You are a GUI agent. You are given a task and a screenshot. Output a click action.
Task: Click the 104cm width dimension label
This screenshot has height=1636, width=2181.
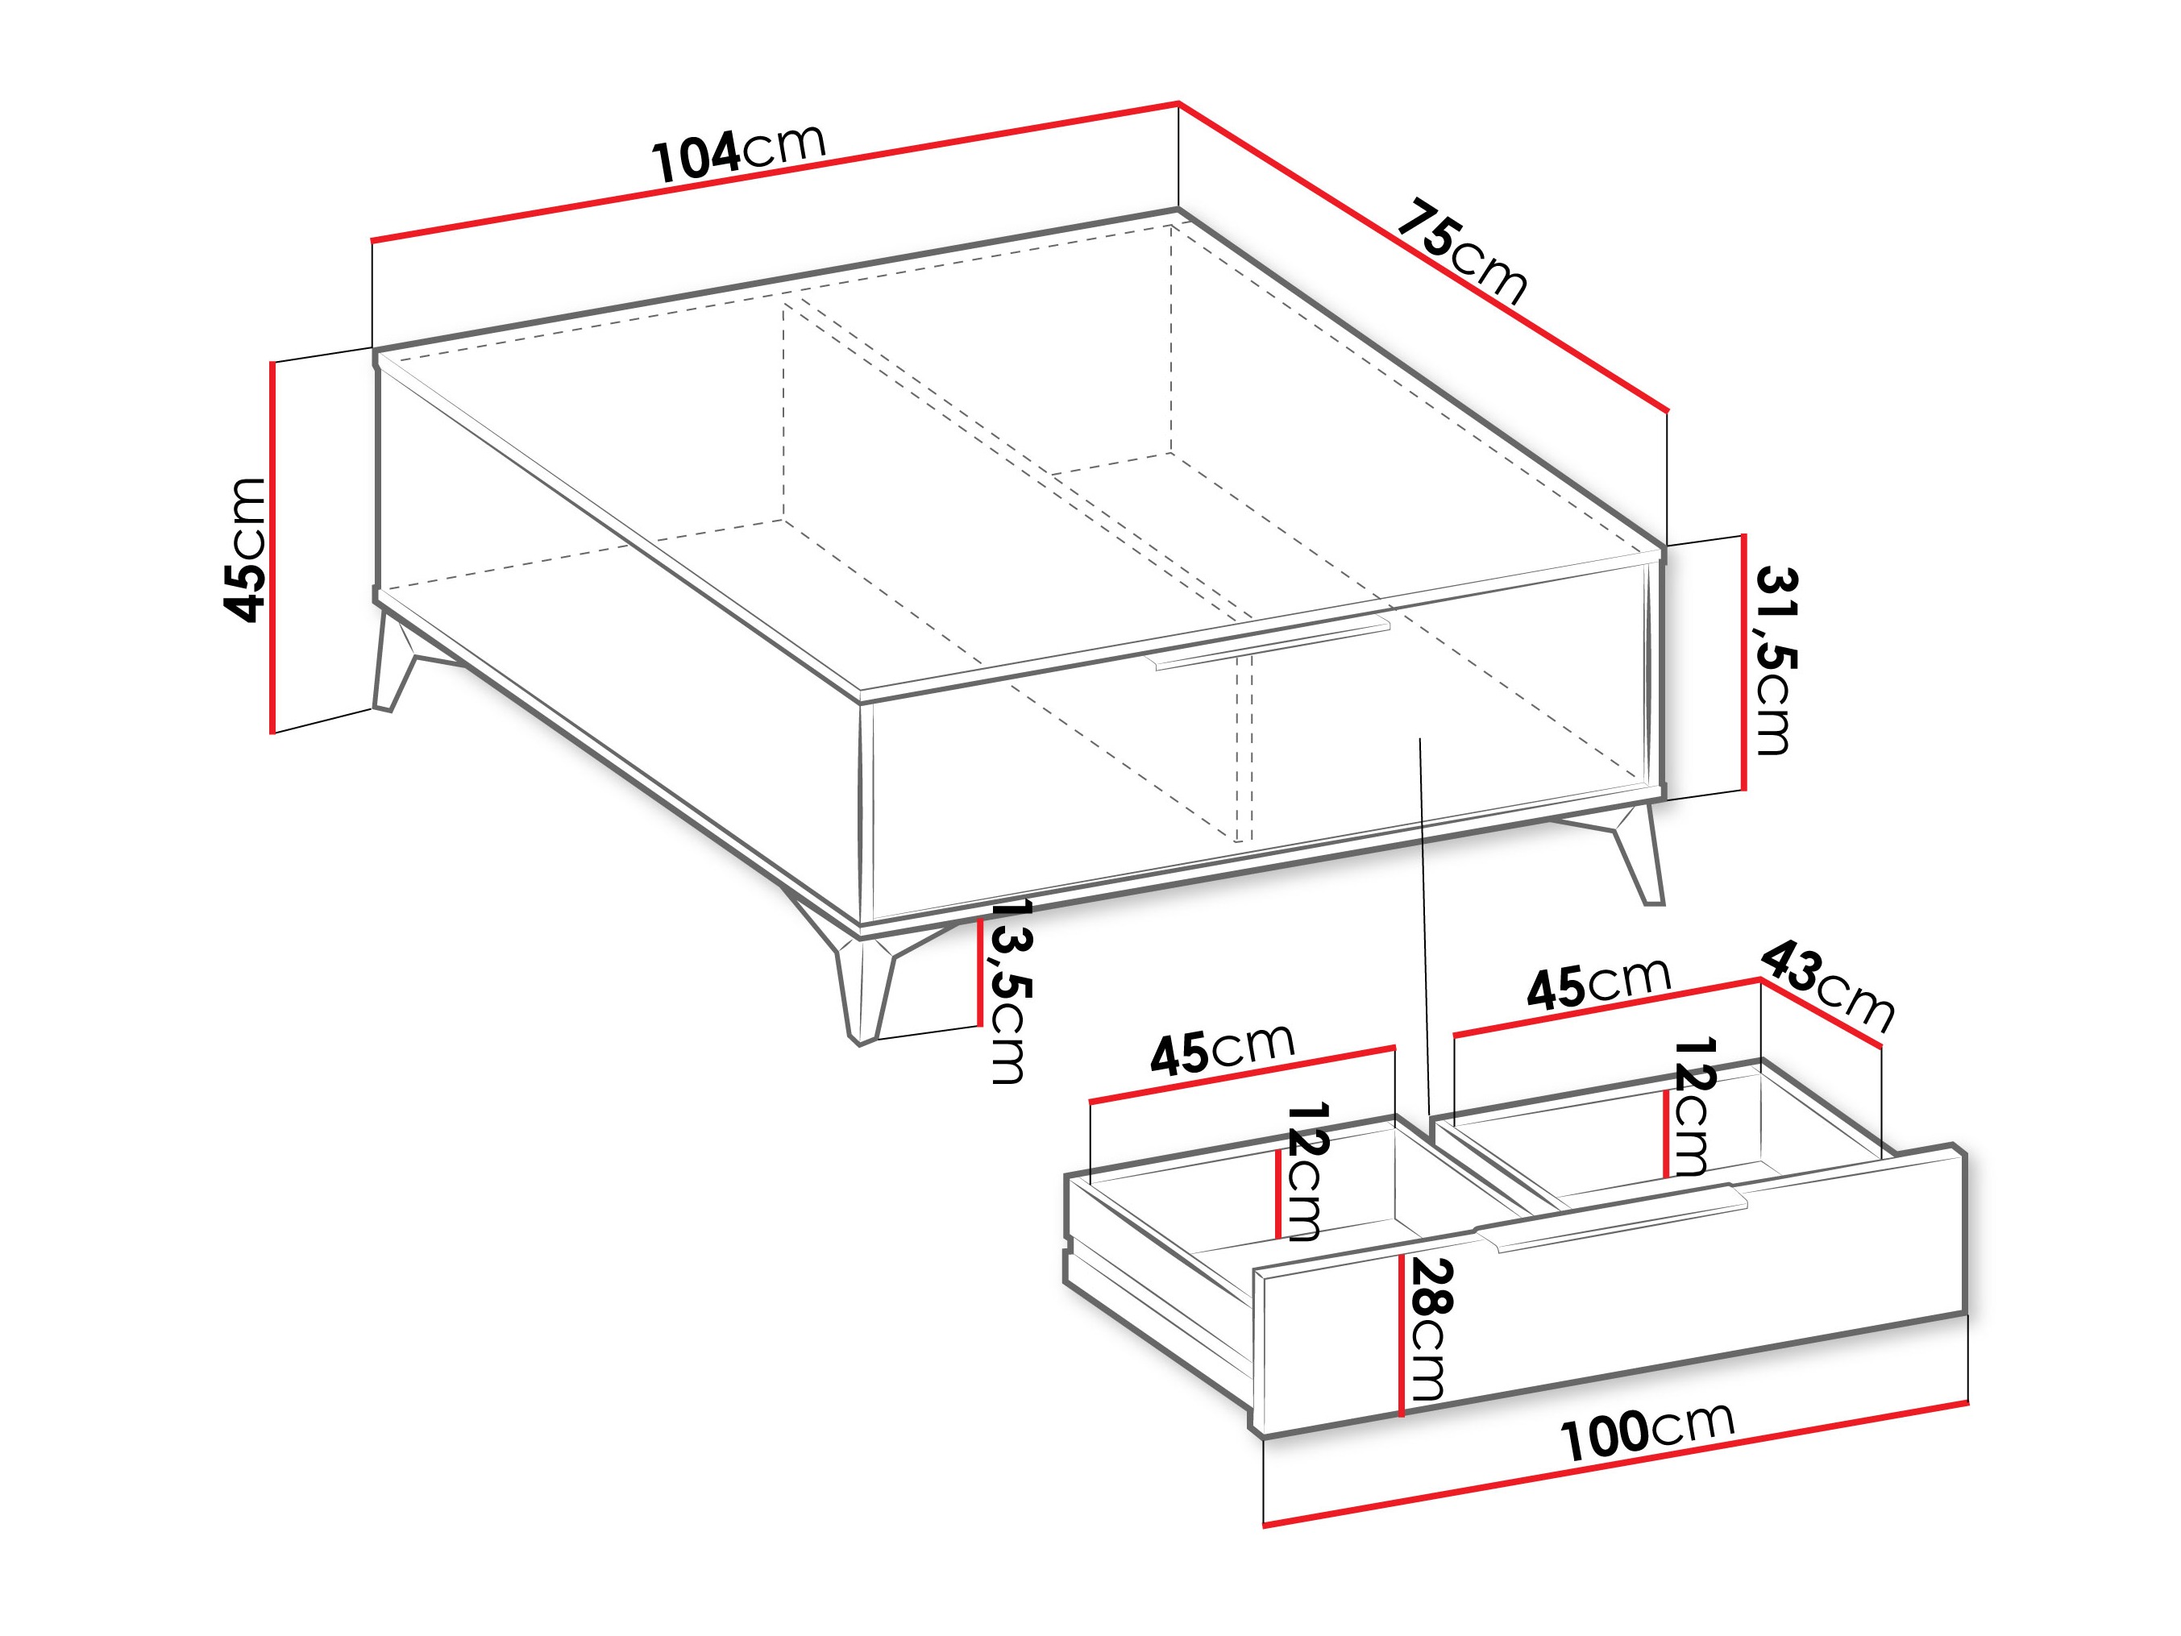[x=737, y=153]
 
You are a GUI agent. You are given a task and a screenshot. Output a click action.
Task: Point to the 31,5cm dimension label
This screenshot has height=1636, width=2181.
[x=1775, y=661]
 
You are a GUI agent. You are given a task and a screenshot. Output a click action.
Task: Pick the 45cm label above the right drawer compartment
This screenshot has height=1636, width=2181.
[x=1598, y=982]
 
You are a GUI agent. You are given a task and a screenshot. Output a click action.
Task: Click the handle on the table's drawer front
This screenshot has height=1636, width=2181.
[x=1272, y=645]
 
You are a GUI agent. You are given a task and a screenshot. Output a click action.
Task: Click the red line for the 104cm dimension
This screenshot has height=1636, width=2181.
[x=775, y=172]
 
